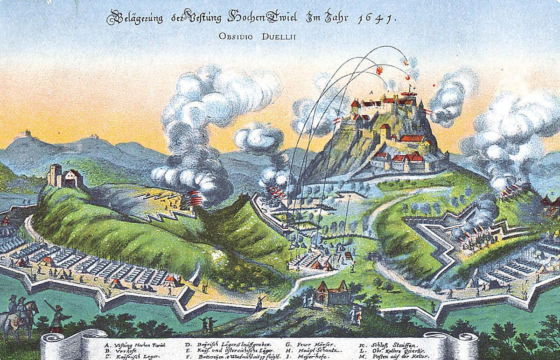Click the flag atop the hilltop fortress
click(410, 89)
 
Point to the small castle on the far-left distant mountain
click(24, 134)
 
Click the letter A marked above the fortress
click(371, 92)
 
